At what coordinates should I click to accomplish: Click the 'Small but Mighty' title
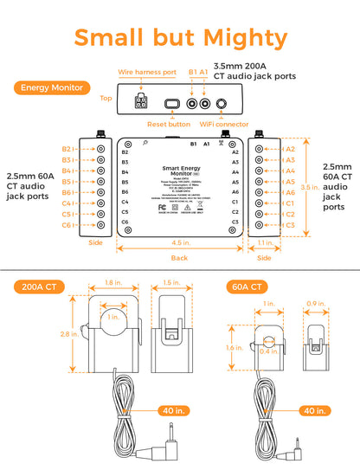tap(180, 38)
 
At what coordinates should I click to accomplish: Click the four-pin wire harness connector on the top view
tap(140, 102)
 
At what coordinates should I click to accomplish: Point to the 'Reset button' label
tap(167, 124)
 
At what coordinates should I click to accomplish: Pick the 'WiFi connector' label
tap(224, 124)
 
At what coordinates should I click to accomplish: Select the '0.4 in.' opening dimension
tap(273, 351)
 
